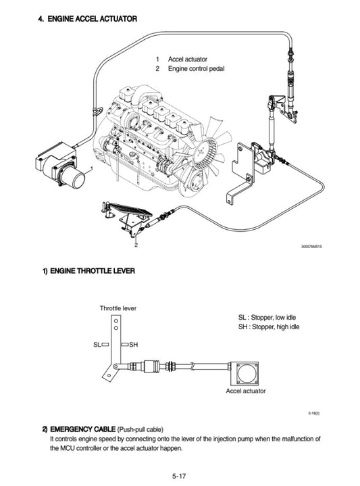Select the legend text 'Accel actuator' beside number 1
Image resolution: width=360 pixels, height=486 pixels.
187,59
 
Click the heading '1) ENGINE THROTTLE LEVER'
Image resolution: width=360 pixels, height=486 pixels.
88,271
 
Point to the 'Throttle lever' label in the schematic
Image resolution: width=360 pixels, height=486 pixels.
118,308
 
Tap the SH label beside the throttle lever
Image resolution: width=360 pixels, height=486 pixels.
134,345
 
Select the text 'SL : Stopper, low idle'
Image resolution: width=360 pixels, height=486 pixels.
267,317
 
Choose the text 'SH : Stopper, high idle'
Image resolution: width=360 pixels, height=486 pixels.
269,327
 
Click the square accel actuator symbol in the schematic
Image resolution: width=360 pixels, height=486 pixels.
245,371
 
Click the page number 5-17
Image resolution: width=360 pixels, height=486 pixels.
179,477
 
